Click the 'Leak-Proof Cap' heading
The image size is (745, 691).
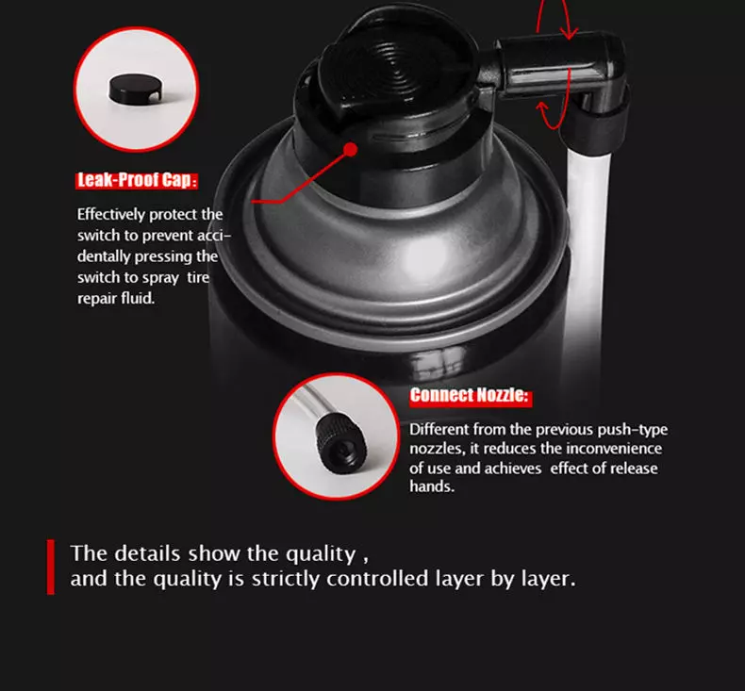coord(137,180)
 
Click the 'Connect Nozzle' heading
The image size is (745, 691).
coord(470,396)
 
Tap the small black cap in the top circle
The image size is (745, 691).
coord(135,90)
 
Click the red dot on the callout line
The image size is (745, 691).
coord(350,150)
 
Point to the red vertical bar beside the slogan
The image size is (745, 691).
coord(51,567)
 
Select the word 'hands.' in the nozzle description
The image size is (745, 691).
coord(432,486)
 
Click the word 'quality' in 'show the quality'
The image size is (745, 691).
coord(321,554)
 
